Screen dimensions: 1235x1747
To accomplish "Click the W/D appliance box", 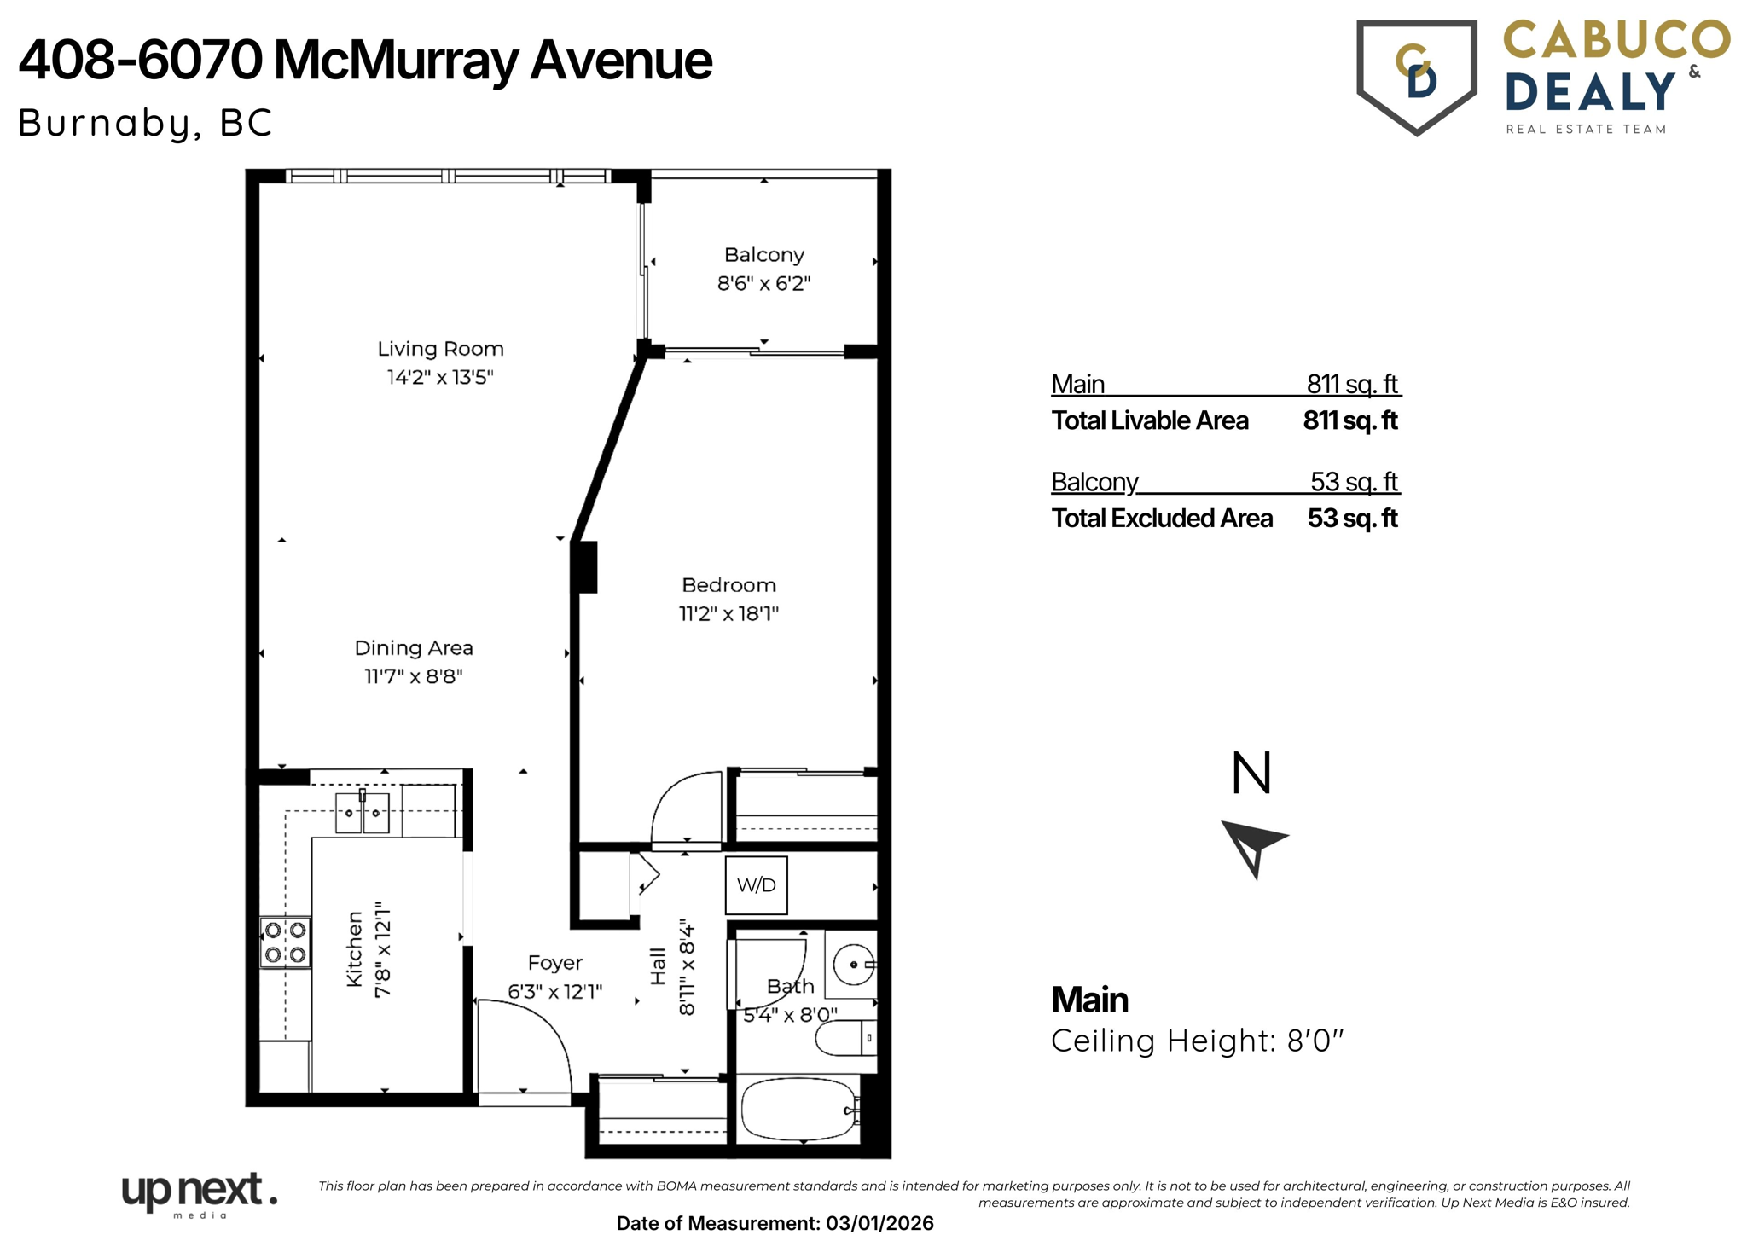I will (756, 885).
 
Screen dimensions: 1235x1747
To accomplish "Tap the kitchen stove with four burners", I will (285, 942).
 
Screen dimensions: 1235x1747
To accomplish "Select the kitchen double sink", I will (363, 813).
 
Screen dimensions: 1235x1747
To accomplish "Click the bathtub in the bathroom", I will (799, 1110).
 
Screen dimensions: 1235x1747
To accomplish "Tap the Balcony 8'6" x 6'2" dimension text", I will (763, 283).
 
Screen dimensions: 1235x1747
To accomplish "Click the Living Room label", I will (440, 349).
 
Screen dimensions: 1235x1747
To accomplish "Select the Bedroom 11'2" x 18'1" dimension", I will (728, 613).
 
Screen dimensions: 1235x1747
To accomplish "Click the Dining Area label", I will (414, 648).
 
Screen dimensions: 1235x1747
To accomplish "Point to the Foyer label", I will (554, 963).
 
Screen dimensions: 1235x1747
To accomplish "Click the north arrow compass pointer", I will (1252, 846).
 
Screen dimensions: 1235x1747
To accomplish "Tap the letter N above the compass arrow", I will (1251, 773).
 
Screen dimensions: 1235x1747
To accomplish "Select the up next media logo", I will (199, 1193).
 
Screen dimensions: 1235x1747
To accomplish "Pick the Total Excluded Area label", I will (1161, 519).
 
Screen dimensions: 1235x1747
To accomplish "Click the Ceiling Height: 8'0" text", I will (1197, 1041).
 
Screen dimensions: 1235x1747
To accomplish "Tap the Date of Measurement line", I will (775, 1223).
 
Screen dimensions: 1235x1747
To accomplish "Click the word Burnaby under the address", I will (104, 123).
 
